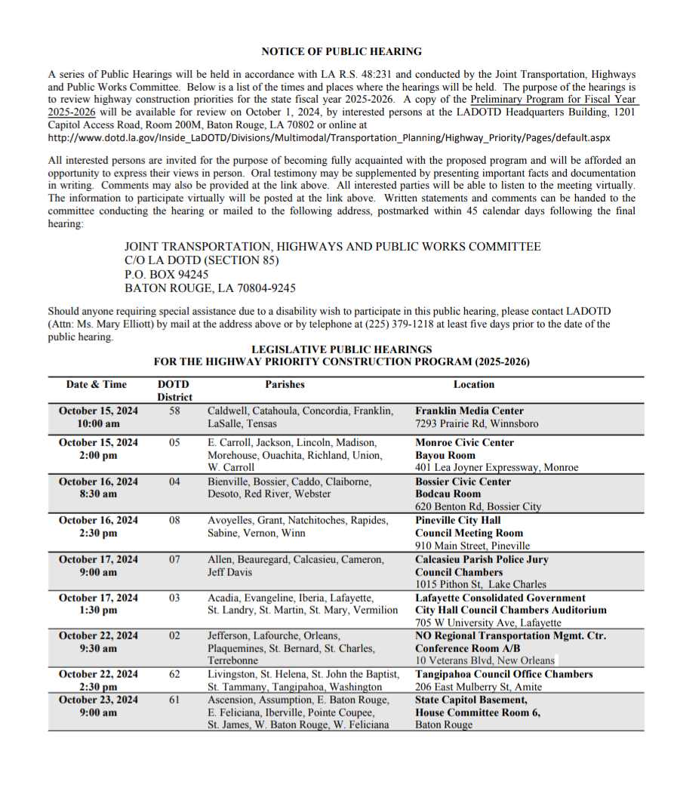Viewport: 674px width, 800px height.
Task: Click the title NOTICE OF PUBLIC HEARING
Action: point(341,51)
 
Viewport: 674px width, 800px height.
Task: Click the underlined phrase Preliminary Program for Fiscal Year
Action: point(554,100)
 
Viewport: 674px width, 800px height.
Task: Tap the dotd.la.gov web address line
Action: point(329,138)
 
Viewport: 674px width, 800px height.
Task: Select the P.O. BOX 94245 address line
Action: point(167,275)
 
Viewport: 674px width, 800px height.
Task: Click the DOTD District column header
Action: point(174,390)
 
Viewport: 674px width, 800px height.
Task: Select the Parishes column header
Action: point(285,384)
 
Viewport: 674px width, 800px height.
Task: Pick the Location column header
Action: point(474,384)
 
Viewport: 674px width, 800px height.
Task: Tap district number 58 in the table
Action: point(174,411)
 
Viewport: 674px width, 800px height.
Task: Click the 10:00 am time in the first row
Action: point(98,424)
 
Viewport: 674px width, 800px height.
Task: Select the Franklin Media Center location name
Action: point(469,411)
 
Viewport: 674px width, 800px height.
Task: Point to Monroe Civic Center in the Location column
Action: point(464,443)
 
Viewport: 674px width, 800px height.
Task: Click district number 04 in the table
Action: point(174,482)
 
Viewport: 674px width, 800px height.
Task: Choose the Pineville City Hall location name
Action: point(457,521)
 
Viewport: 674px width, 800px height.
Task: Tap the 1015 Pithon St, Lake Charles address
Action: point(481,584)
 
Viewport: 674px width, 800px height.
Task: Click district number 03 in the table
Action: point(174,598)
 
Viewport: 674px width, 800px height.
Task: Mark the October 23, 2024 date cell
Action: point(98,700)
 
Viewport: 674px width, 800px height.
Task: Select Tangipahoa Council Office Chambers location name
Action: point(504,675)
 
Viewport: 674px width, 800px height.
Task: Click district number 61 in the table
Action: point(174,700)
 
